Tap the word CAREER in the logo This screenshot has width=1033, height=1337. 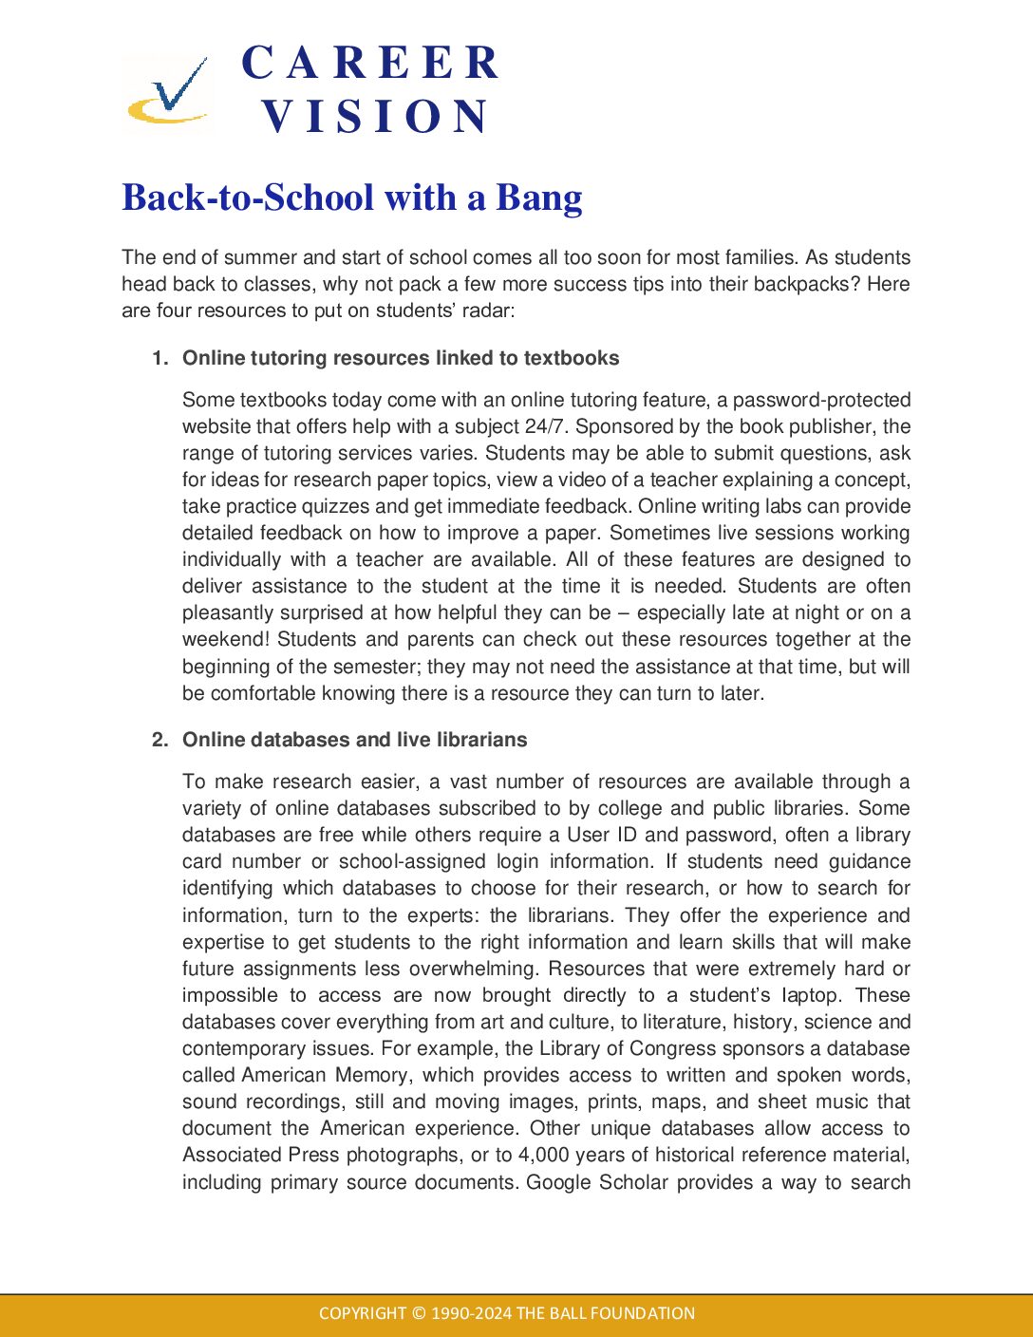pos(370,64)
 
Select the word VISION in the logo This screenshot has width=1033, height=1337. pos(375,117)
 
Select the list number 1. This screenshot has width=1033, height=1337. pos(160,358)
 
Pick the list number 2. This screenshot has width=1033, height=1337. pos(160,740)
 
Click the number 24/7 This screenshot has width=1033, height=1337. pos(544,426)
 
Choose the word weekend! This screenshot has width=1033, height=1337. pos(227,639)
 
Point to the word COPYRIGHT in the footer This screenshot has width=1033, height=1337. pos(362,1313)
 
